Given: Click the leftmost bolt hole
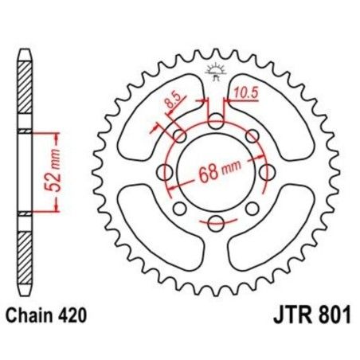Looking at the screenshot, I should [166, 171].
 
